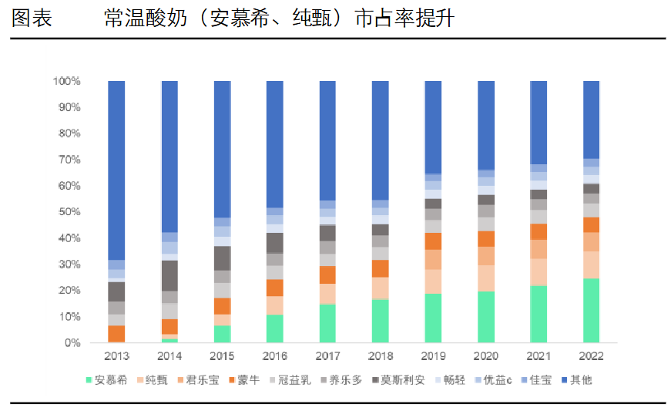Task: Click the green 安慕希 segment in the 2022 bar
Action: point(591,310)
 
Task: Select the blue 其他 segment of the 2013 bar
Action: point(116,170)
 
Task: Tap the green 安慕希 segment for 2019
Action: point(433,318)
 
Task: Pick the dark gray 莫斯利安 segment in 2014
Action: point(169,275)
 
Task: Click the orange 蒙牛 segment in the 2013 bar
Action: point(116,333)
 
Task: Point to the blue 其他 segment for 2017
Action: point(327,140)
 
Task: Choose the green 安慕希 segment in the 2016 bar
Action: point(274,328)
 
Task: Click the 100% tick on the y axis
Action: point(67,81)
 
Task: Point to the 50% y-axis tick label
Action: point(69,212)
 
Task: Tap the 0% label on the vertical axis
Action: point(73,342)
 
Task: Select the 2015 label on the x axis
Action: point(222,356)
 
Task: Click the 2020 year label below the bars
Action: point(485,356)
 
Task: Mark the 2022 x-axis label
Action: point(591,356)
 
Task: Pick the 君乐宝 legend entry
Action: point(202,380)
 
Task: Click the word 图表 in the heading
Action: point(32,19)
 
